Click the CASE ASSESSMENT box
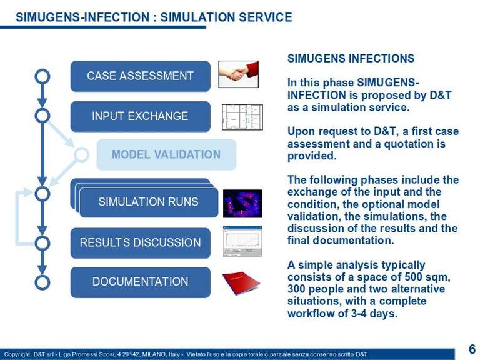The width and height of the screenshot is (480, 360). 141,76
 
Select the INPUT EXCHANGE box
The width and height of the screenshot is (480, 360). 141,116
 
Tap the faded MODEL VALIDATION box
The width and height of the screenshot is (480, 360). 166,154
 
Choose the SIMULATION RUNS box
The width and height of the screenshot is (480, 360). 149,202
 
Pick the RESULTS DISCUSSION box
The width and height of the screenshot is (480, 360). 141,243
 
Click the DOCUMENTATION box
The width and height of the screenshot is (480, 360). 141,282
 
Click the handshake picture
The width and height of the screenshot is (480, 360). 239,74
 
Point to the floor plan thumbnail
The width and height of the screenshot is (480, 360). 242,117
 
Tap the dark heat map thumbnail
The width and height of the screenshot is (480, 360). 242,204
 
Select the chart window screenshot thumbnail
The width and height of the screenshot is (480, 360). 242,241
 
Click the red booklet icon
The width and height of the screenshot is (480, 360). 241,282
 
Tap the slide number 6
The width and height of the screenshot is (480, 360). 472,349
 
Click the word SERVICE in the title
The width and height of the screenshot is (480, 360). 266,17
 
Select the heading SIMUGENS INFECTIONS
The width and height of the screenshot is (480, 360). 351,59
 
